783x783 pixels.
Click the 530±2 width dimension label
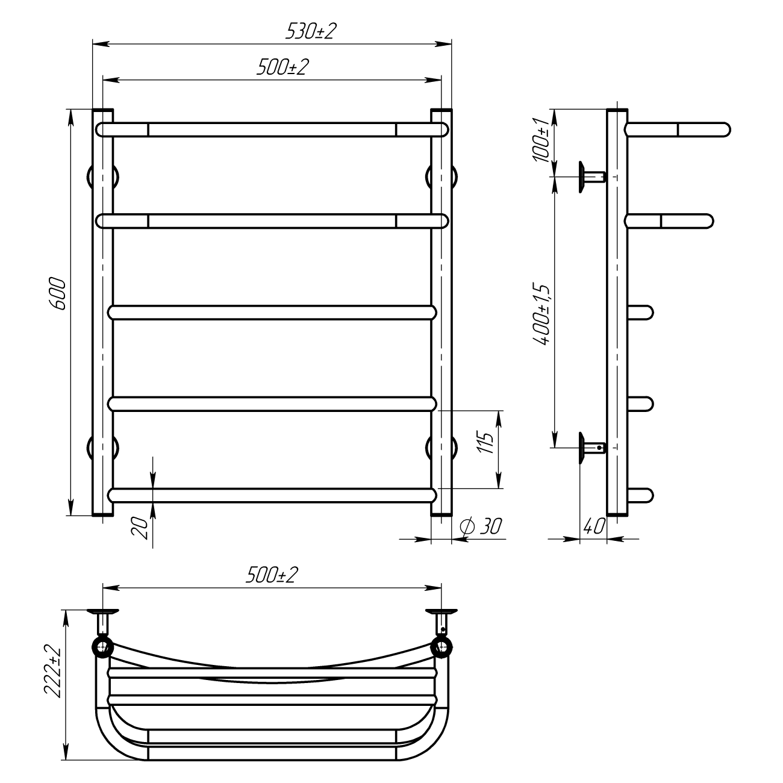point(311,31)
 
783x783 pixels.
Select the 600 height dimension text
point(57,294)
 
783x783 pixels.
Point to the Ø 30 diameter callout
point(481,526)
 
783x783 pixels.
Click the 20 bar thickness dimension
point(140,528)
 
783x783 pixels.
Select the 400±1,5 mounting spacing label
point(541,314)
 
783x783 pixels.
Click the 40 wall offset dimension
point(594,526)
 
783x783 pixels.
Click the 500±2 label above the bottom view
point(272,575)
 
